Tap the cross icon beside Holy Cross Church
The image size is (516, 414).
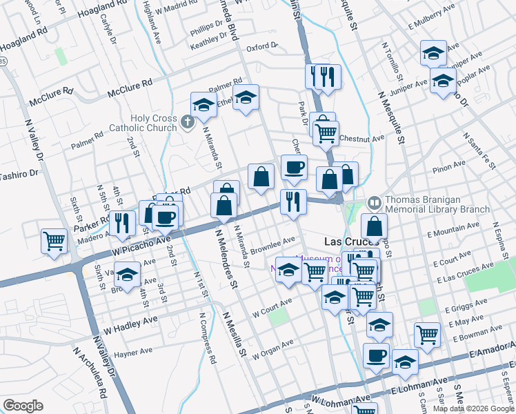click(186, 123)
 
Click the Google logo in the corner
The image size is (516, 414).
click(23, 406)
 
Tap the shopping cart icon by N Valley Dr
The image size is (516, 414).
click(54, 241)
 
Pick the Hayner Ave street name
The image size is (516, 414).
click(133, 352)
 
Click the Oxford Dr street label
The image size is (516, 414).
click(261, 48)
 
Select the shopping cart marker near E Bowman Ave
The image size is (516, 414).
click(428, 335)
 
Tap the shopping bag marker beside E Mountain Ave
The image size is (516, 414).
click(374, 226)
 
